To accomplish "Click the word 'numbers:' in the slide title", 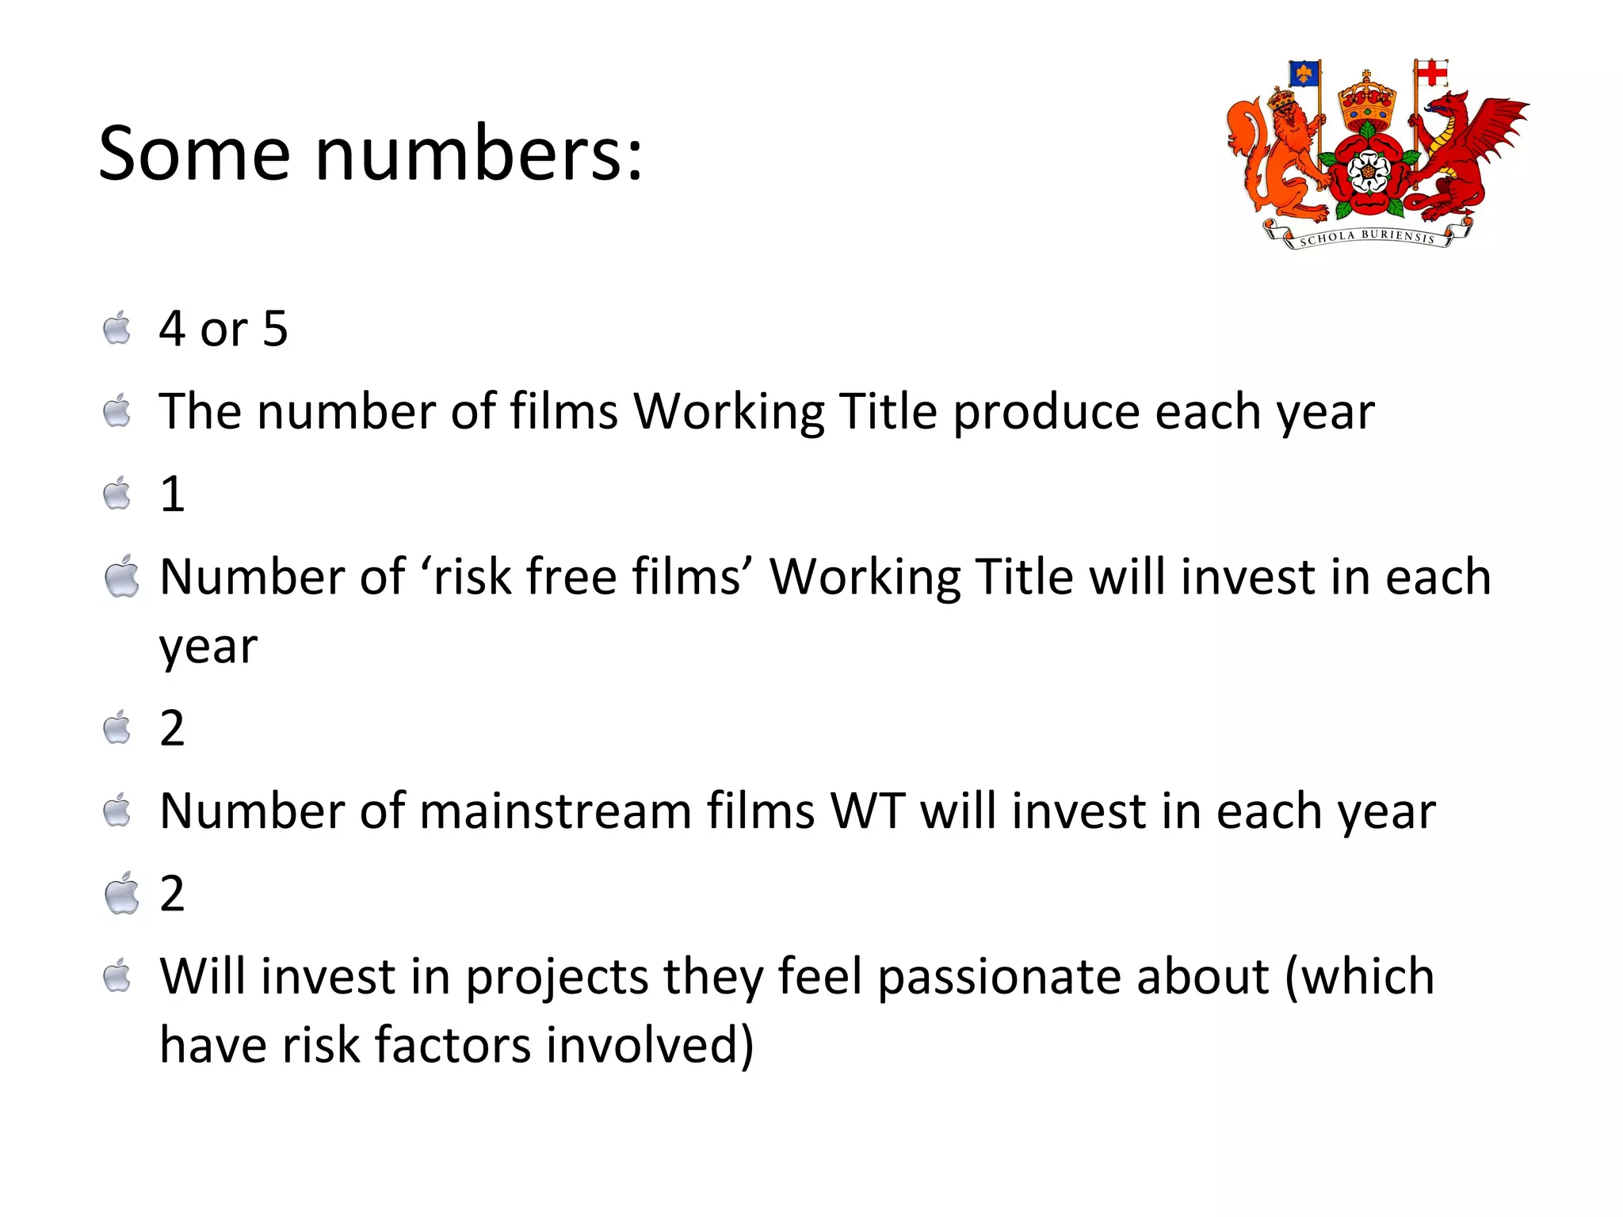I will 479,154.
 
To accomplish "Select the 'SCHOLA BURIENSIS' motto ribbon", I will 1367,236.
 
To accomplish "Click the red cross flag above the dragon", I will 1431,74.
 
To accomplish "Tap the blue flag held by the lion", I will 1304,74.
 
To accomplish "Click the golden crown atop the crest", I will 1366,99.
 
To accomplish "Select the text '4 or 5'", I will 223,329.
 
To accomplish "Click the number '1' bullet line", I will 172,494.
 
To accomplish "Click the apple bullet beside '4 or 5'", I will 117,329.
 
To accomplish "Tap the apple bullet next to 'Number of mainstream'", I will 117,811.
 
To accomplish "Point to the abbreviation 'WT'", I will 866,811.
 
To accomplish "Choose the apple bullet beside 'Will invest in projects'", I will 117,976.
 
